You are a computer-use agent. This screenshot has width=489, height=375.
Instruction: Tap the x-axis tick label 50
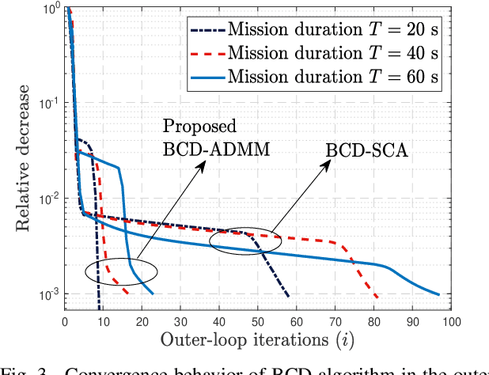pos(258,322)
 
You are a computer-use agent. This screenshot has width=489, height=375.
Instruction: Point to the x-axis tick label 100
pos(451,322)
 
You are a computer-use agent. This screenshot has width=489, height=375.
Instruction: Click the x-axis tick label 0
pos(65,322)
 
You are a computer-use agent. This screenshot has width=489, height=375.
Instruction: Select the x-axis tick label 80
pos(373,322)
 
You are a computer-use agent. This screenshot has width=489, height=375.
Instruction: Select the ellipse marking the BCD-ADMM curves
pos(121,271)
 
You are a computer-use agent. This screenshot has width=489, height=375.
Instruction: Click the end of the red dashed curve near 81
pos(377,297)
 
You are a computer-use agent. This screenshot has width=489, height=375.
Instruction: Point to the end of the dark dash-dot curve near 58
pos(289,297)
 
